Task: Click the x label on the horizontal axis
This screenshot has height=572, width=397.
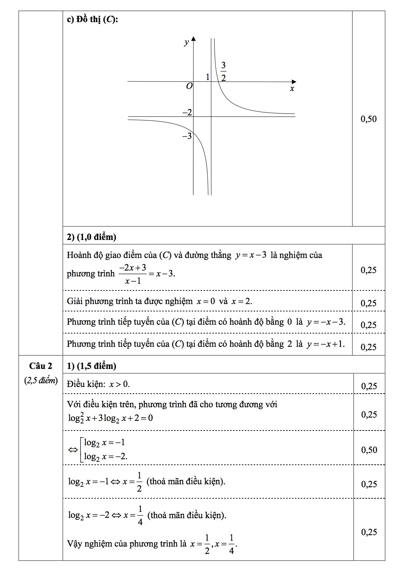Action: pyautogui.click(x=292, y=89)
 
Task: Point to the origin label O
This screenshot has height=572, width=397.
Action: pyautogui.click(x=189, y=86)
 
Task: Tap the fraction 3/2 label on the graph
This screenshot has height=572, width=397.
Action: pyautogui.click(x=223, y=71)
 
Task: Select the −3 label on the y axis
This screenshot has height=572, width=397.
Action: pyautogui.click(x=187, y=136)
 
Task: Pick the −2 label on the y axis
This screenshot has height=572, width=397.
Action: pyautogui.click(x=188, y=112)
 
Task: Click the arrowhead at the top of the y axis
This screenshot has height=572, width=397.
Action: pyautogui.click(x=194, y=39)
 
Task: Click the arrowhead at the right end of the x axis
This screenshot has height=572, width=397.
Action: pyautogui.click(x=294, y=81)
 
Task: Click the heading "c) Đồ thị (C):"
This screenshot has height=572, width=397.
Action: pyautogui.click(x=93, y=20)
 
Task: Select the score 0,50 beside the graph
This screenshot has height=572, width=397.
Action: pyautogui.click(x=369, y=119)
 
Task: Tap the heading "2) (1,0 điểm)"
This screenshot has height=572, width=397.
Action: pyautogui.click(x=91, y=237)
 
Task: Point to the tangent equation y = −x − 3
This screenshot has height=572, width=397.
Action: pyautogui.click(x=326, y=322)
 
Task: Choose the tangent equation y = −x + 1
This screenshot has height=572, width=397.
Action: pyautogui.click(x=326, y=344)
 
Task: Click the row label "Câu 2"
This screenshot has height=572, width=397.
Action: pyautogui.click(x=41, y=366)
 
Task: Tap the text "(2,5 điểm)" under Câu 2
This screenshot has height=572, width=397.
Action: pyautogui.click(x=41, y=380)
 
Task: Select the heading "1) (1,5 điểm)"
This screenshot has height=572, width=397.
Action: pyautogui.click(x=91, y=366)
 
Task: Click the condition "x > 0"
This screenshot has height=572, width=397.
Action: pyautogui.click(x=119, y=384)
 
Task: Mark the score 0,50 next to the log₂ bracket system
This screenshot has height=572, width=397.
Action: pyautogui.click(x=369, y=450)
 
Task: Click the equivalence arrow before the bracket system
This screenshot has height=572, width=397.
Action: pyautogui.click(x=72, y=450)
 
